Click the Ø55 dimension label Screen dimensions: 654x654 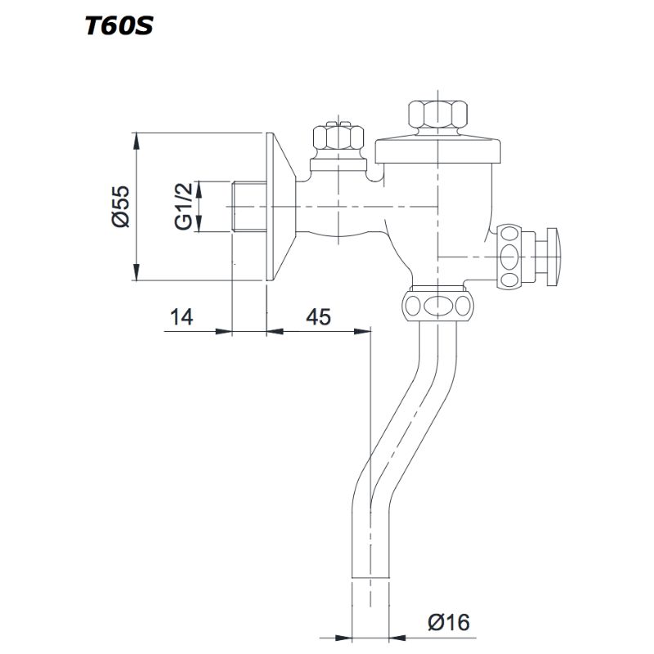point(119,206)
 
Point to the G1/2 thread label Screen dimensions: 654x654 point(185,206)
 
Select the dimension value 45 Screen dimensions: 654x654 point(319,317)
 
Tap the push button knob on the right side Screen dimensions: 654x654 point(554,255)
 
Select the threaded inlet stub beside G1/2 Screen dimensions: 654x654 point(247,206)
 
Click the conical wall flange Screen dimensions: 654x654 point(280,206)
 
